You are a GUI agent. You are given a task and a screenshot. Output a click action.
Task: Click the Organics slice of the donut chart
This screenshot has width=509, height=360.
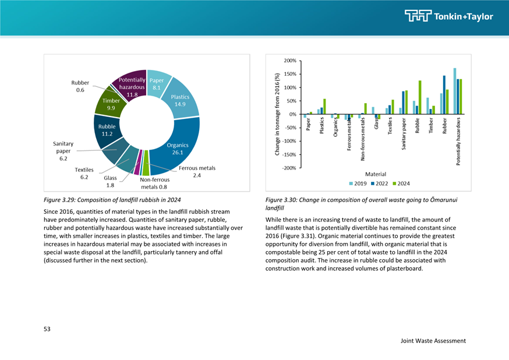[x=177, y=148]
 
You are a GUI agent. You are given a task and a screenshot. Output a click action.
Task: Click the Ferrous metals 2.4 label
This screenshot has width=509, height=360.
[x=197, y=172]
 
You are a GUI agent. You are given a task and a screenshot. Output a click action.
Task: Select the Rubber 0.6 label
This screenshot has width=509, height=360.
[x=80, y=86]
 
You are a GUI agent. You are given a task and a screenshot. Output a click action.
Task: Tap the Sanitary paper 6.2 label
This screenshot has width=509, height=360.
[x=63, y=151]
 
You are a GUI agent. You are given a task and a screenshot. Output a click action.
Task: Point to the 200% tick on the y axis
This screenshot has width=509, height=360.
[x=290, y=61]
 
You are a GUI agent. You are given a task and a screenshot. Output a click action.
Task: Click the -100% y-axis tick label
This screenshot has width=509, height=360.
[x=289, y=141]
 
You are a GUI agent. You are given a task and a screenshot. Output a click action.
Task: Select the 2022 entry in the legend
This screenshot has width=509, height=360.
[x=380, y=183]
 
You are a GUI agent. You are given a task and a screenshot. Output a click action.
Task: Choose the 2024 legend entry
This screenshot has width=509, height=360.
[x=401, y=183]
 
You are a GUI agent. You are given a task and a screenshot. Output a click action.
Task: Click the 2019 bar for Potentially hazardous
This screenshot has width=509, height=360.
[x=455, y=91]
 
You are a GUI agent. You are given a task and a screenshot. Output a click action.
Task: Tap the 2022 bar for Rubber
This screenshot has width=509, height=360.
[x=444, y=95]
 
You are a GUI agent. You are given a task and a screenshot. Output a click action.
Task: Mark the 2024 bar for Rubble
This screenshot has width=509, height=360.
[x=420, y=97]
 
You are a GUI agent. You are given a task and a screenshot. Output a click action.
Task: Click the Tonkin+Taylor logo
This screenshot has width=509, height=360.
[x=449, y=16]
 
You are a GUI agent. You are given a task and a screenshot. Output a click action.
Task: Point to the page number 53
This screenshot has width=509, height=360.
[x=47, y=329]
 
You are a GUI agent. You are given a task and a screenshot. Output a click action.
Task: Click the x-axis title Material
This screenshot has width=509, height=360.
[x=376, y=174]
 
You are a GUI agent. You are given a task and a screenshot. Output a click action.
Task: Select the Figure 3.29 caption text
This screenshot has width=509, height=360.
[x=112, y=200]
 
